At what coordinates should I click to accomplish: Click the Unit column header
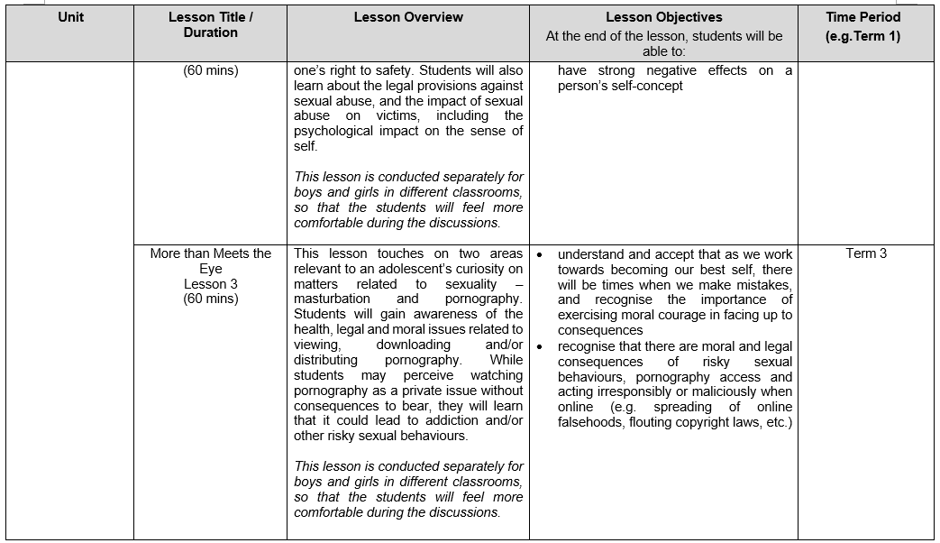coord(70,17)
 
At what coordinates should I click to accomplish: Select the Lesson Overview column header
coord(408,17)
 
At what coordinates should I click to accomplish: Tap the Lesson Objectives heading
coord(664,17)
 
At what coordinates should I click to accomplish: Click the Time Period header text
coord(862,17)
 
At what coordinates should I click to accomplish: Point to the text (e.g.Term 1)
coord(862,37)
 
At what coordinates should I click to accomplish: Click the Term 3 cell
coord(866,253)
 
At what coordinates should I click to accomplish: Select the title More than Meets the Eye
coord(210,261)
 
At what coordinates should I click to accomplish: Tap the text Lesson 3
coord(210,284)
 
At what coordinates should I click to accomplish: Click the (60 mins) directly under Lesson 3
coord(210,299)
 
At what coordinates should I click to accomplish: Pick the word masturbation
coord(332,299)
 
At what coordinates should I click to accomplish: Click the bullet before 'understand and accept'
coord(539,254)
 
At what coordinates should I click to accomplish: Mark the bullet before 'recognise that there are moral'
coord(539,346)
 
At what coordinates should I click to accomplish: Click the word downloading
coord(413,345)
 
